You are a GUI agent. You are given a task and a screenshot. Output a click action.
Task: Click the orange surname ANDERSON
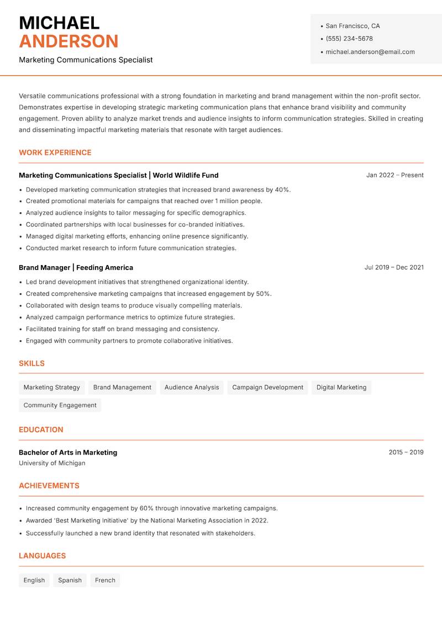(69, 41)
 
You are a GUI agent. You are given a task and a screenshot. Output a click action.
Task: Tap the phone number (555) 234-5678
(349, 39)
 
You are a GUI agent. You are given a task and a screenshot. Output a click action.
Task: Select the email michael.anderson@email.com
(370, 52)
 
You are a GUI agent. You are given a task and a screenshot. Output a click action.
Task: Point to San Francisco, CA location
(352, 26)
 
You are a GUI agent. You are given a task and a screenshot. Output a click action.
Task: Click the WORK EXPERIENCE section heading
(55, 152)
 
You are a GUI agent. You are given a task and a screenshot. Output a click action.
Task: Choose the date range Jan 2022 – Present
(394, 175)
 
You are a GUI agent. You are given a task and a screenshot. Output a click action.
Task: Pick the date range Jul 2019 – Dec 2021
(394, 267)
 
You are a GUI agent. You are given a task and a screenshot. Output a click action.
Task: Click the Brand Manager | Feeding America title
(76, 267)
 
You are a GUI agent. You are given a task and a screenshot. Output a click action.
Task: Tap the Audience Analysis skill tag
(192, 388)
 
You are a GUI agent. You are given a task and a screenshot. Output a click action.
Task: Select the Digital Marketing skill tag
(341, 388)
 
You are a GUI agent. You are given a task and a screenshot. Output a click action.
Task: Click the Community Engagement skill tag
(60, 405)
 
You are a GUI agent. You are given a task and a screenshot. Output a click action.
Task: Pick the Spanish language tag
(70, 580)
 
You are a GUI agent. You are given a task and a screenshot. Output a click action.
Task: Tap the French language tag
(105, 580)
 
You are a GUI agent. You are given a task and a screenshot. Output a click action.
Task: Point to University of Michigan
(52, 463)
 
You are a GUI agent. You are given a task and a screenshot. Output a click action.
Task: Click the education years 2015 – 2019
(406, 452)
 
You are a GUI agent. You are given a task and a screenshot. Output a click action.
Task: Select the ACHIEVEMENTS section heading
(49, 486)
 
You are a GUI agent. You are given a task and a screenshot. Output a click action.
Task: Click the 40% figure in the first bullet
(282, 189)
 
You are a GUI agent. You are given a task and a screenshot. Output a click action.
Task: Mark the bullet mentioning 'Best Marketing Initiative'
(147, 520)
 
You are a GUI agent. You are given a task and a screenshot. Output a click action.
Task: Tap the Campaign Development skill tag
(267, 388)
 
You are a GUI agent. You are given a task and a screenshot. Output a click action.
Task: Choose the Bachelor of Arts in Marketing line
(68, 452)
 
